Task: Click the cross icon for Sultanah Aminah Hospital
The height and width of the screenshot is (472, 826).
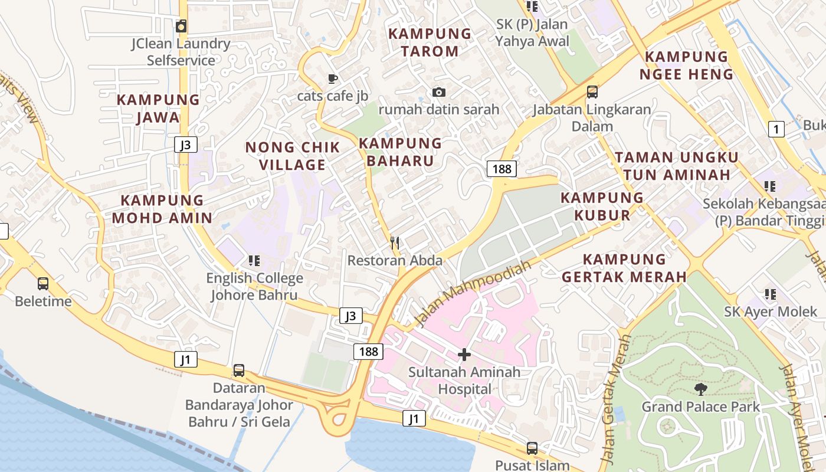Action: pos(464,355)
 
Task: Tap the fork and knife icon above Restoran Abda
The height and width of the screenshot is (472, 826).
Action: pos(395,242)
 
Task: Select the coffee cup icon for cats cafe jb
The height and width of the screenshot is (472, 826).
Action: pos(333,78)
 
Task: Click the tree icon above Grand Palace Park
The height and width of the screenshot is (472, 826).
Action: pos(700,389)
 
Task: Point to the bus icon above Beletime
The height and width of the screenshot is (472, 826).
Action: pos(43,284)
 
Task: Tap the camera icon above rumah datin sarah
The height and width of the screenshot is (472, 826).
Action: pos(438,92)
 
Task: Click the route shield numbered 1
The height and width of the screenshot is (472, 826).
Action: pos(776,129)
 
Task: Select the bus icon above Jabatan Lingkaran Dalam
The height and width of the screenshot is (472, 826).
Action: pos(592,92)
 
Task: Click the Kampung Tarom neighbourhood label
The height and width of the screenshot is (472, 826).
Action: pos(430,42)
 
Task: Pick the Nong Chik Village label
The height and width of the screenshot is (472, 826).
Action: pos(293,156)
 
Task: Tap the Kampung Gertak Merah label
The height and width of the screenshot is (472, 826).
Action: pos(624,268)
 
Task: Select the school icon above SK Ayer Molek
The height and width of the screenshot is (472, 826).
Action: pos(770,294)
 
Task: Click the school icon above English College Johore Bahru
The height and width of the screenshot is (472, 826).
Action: pos(254,260)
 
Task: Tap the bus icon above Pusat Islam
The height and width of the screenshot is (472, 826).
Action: pos(532,448)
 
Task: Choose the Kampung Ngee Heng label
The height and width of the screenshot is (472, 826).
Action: pos(687,65)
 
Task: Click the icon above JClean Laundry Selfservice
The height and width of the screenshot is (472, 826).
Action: pos(181,26)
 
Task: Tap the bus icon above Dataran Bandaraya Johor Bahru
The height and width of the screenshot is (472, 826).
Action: pos(238,371)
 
